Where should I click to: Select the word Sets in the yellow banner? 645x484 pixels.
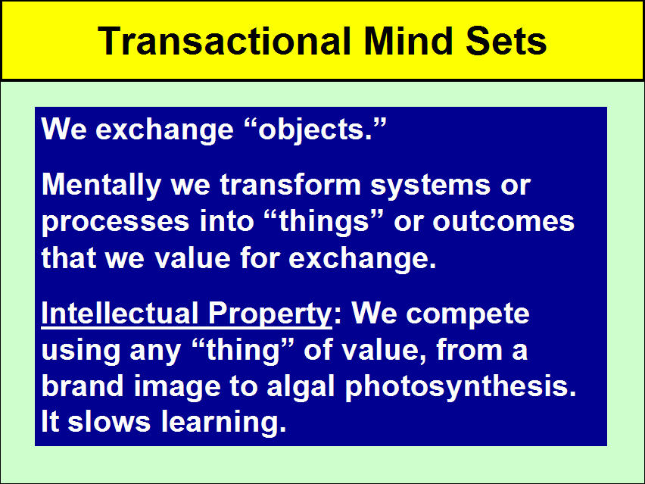coord(506,41)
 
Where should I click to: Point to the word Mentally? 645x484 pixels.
coord(101,186)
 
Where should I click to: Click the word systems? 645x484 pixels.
coord(430,186)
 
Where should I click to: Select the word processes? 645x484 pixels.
coord(116,222)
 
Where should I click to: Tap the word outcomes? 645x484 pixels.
coord(503,221)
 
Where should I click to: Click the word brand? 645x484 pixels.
coord(83,386)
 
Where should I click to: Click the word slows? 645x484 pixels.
coord(109,422)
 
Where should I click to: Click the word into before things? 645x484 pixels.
coord(226,220)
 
